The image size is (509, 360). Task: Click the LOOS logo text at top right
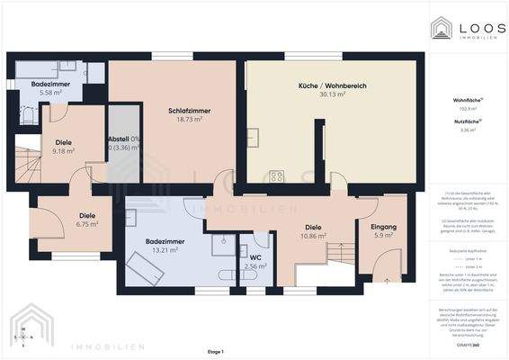click(475, 24)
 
